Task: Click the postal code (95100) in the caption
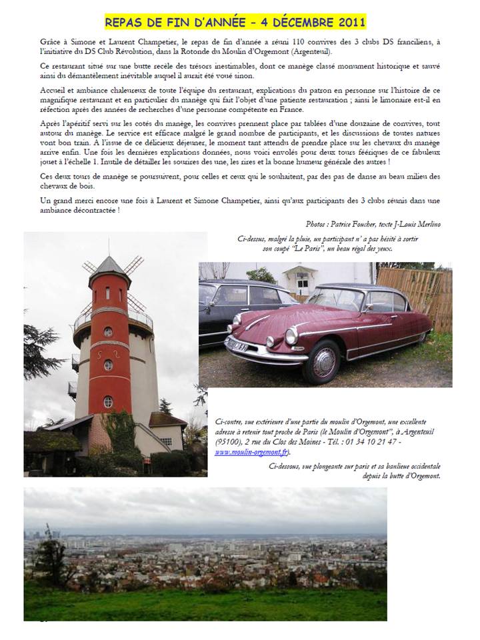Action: pos(227,441)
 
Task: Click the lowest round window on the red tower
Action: pos(108,401)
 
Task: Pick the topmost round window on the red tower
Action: pos(108,331)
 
